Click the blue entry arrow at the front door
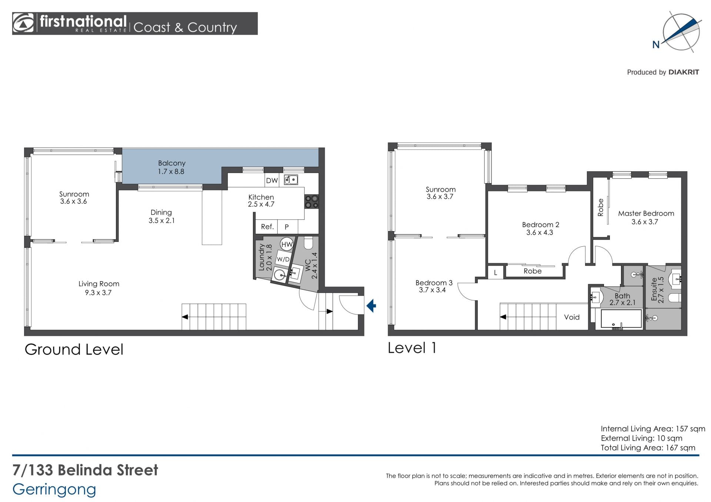(x=371, y=306)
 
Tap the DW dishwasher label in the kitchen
(x=272, y=181)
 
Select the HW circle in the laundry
(x=287, y=244)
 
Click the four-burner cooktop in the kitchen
(x=311, y=202)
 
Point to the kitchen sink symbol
(x=291, y=180)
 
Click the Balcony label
(x=171, y=163)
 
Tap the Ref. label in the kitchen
(x=267, y=227)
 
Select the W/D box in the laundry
(x=283, y=259)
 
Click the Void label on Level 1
(x=572, y=317)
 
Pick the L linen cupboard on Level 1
(x=495, y=273)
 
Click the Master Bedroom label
(x=646, y=213)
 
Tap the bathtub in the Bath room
(x=621, y=319)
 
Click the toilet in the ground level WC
(x=308, y=243)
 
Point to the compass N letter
(x=656, y=45)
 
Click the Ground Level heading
(x=74, y=350)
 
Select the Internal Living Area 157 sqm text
(x=653, y=429)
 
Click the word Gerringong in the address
(x=54, y=490)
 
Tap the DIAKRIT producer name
(x=684, y=72)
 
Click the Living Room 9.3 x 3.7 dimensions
(x=98, y=293)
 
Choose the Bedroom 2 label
(x=540, y=225)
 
